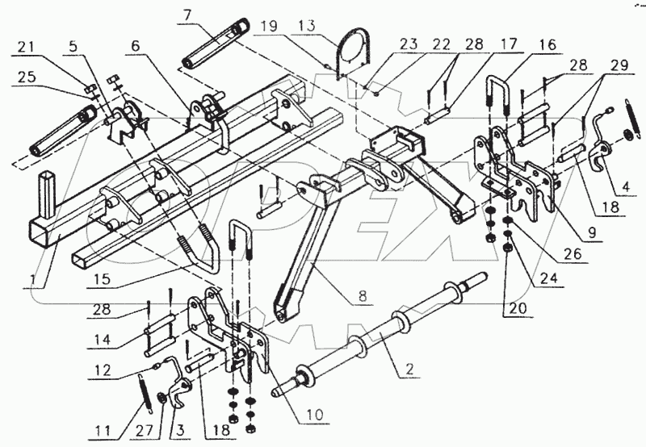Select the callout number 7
188,16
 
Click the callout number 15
102,278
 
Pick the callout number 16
547,44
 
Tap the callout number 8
363,296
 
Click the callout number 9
592,233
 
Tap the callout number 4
626,187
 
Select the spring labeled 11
145,394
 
